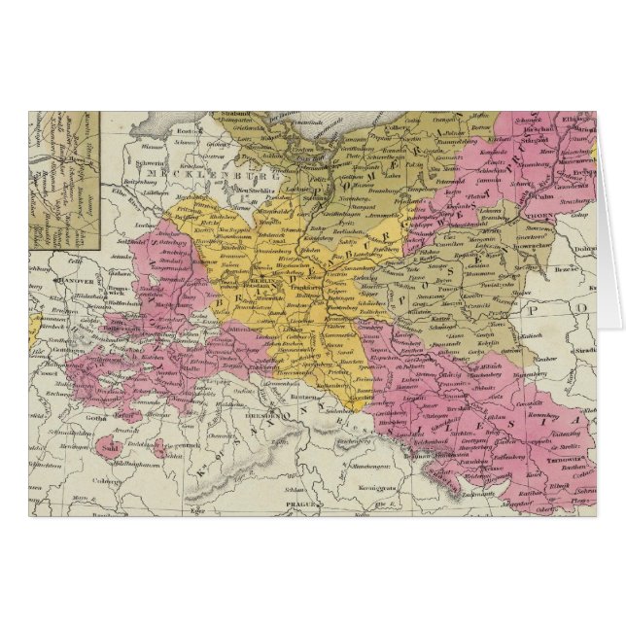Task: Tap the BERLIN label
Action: coord(256,278)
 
